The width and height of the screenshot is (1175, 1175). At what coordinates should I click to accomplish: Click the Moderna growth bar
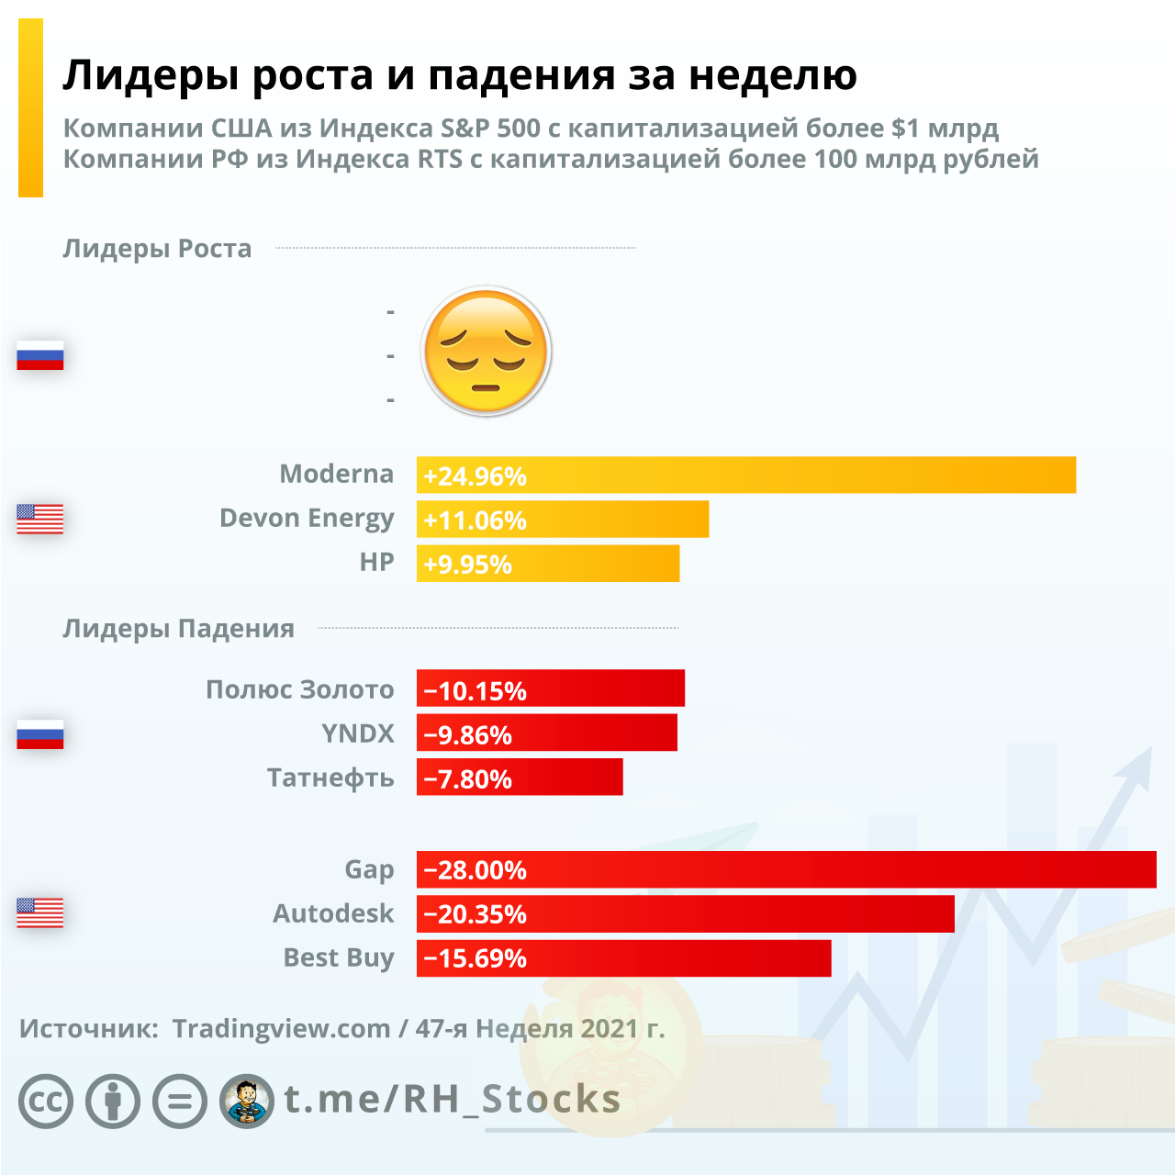[745, 476]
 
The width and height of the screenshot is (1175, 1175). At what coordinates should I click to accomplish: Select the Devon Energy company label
[307, 519]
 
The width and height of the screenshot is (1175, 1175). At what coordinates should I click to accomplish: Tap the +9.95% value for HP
[467, 565]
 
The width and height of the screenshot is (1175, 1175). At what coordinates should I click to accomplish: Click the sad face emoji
[486, 352]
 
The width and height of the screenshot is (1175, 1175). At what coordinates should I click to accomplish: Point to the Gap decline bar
[786, 869]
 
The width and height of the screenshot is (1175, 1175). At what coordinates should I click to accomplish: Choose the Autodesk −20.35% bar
[685, 914]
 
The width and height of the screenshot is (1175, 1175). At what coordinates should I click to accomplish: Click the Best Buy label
[338, 958]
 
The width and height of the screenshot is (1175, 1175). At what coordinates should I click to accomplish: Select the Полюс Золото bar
[551, 688]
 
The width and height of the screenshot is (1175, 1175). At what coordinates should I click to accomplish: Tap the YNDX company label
[357, 733]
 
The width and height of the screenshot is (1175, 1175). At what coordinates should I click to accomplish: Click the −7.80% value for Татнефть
[467, 779]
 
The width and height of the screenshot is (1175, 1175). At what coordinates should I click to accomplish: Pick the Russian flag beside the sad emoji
[40, 355]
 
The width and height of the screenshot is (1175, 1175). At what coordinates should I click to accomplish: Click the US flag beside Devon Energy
[40, 519]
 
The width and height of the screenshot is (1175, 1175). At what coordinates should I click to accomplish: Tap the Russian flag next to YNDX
[40, 733]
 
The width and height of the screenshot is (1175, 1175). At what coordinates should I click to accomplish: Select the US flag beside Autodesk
[40, 912]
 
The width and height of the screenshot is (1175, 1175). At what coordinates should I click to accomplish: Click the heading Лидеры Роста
[157, 249]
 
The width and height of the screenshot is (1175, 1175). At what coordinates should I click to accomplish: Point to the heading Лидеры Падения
[178, 629]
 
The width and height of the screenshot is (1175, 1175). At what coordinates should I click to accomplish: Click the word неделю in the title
[773, 75]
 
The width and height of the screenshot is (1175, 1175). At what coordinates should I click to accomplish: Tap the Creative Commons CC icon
[46, 1101]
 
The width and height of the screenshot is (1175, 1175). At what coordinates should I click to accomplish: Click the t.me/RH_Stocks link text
[452, 1099]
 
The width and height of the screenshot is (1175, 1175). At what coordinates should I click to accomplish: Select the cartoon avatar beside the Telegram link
[247, 1101]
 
